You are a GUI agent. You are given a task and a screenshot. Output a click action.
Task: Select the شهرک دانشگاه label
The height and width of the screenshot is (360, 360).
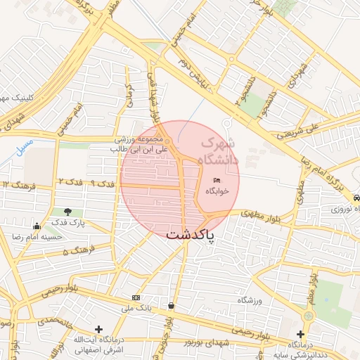tap(219, 150)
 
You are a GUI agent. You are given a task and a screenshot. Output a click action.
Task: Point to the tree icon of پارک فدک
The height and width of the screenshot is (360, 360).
tap(67, 212)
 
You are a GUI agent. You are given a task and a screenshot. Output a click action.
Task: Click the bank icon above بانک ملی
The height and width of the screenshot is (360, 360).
tap(136, 297)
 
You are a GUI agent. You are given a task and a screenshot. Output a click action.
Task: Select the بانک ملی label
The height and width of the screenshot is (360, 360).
tap(138, 308)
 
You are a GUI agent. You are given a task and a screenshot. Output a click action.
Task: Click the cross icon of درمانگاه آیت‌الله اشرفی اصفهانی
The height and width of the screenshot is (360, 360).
tap(98, 328)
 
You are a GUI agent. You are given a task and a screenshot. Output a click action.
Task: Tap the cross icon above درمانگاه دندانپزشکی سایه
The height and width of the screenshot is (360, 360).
tap(300, 334)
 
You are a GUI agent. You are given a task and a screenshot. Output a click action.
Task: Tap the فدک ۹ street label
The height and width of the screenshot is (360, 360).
tap(103, 183)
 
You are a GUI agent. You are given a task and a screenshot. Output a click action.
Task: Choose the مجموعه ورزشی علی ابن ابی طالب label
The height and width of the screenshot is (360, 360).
tap(138, 144)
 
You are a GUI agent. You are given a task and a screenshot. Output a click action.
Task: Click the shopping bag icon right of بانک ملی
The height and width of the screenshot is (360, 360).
tap(172, 305)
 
